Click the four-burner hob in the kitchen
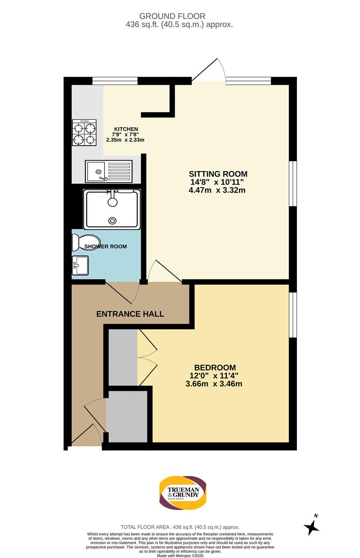point(85,132)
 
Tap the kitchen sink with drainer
point(109,171)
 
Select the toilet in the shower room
point(78,242)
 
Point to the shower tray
point(112,209)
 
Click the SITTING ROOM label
point(217,174)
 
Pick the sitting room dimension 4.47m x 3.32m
point(217,190)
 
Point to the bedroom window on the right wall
point(293,315)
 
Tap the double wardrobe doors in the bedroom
point(147,357)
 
